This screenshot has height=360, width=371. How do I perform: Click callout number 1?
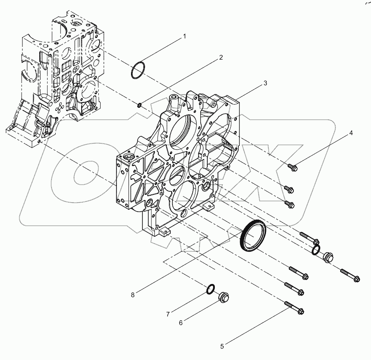[184, 37]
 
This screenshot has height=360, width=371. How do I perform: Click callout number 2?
[221, 57]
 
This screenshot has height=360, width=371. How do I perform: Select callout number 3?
[265, 83]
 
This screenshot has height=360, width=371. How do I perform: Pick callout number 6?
[180, 323]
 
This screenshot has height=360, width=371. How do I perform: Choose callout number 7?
[168, 315]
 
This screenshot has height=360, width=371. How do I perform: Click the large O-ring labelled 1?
[139, 71]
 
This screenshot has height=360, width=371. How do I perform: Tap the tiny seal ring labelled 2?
[139, 105]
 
